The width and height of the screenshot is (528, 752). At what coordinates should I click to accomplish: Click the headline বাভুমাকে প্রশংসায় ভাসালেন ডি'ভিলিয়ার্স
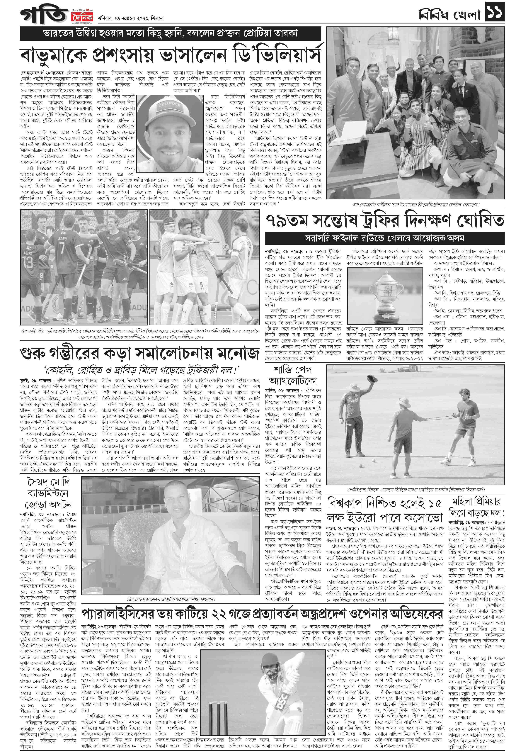170,55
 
